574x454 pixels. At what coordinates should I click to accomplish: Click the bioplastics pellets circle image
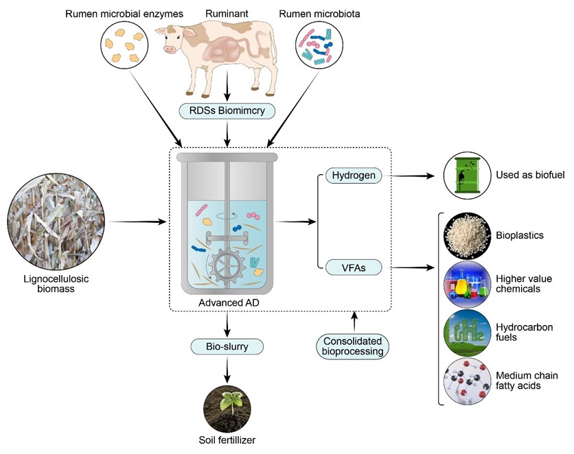466,235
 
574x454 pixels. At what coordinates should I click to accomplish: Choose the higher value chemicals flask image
466,284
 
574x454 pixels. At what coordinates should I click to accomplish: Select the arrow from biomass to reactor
137,222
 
